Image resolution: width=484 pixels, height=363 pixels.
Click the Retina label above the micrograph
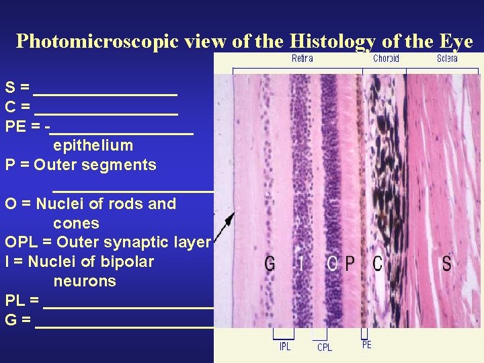click(302, 58)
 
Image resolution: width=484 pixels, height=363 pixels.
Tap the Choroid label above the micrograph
click(386, 58)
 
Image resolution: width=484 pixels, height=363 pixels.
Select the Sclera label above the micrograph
click(447, 58)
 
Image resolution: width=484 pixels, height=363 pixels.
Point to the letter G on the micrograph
click(270, 263)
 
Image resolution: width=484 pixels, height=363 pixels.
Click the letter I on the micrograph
click(300, 263)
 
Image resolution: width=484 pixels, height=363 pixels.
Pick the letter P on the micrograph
click(350, 263)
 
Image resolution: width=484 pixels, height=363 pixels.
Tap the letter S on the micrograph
click(446, 263)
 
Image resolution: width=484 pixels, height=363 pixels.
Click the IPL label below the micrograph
click(285, 347)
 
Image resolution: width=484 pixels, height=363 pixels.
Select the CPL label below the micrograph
click(324, 347)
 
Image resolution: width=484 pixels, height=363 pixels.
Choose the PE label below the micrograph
click(366, 345)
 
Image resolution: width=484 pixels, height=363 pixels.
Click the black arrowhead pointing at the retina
click(231, 218)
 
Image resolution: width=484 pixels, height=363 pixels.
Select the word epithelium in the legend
click(93, 145)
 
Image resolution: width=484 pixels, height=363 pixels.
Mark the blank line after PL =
click(128, 307)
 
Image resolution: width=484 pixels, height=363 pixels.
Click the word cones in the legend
click(76, 223)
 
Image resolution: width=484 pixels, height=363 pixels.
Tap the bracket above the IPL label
click(283, 334)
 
